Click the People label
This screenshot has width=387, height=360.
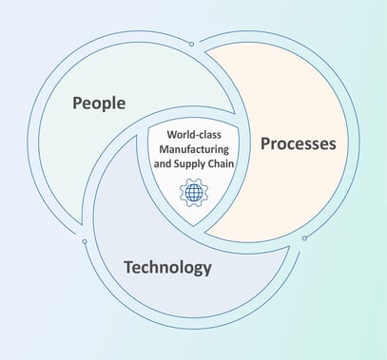[99, 102]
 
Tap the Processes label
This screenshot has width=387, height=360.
[298, 144]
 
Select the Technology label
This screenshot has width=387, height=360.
[167, 267]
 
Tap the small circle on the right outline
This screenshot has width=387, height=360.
[304, 237]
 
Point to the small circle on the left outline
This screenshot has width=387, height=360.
[85, 241]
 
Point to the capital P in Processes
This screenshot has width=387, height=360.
[265, 144]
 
